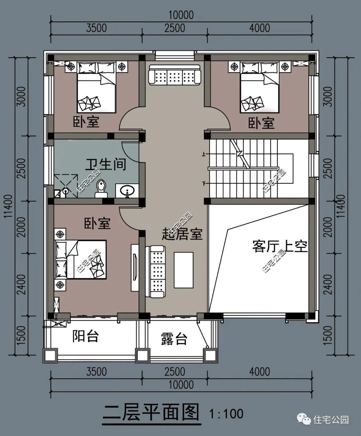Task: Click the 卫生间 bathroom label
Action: [x=106, y=164]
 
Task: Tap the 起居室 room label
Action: [x=182, y=234]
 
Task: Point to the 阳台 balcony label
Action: [x=86, y=336]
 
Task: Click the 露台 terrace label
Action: [x=174, y=339]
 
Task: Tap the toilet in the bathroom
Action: [x=101, y=189]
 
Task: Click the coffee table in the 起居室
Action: [x=183, y=270]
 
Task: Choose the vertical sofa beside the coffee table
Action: [x=156, y=271]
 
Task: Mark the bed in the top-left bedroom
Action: [x=96, y=88]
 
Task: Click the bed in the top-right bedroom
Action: [x=259, y=88]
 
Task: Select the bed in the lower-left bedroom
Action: [x=81, y=259]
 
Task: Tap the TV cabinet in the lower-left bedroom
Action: [x=135, y=267]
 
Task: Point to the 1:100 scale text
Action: [x=226, y=414]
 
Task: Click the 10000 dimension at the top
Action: [x=181, y=15]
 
